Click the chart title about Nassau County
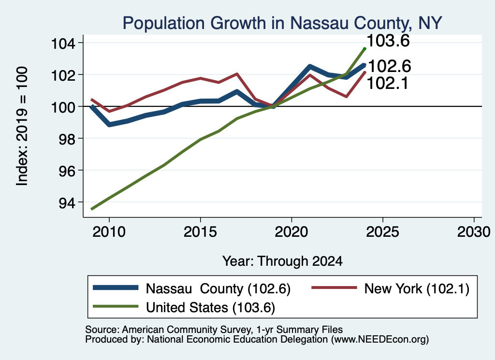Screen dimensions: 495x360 [x=282, y=23]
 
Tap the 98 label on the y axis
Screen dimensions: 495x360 [x=67, y=139]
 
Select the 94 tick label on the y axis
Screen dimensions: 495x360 [x=67, y=202]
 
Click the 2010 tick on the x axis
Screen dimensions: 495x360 [x=109, y=232]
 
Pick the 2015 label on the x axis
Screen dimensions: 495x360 [x=200, y=232]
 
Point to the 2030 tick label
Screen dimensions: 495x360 [x=474, y=232]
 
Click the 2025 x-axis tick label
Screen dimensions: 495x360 [x=383, y=232]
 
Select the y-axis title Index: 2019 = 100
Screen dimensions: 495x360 [x=22, y=126]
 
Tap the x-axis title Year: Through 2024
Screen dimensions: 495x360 [x=282, y=261]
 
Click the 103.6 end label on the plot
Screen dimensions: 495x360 [x=388, y=41]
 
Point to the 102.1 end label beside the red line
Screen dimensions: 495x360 [x=388, y=83]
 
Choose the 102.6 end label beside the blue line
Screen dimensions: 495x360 [x=390, y=66]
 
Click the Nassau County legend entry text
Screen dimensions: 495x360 [x=218, y=288]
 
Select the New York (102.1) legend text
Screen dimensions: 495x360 [x=417, y=288]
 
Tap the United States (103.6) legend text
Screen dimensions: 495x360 [x=211, y=307]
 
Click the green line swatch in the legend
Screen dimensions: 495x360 [x=116, y=306]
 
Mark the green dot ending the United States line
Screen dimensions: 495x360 [x=364, y=49]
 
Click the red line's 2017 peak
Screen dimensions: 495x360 [x=237, y=74]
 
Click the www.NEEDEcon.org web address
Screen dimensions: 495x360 [x=380, y=340]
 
